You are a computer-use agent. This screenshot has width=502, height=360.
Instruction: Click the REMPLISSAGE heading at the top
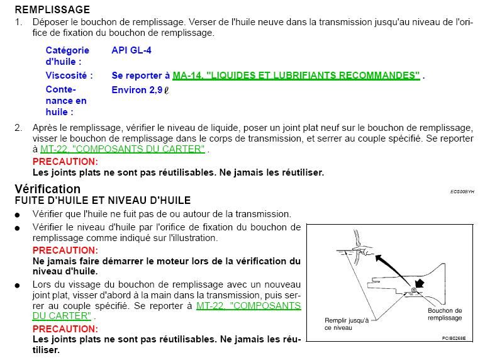coord(52,9)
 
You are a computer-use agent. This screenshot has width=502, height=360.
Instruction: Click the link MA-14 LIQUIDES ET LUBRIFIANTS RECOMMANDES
coord(296,76)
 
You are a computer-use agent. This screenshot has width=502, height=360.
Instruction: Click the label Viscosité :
coord(69,76)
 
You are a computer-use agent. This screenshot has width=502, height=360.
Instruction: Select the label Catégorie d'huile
coord(67,55)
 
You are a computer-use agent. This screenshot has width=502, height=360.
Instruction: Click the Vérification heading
coord(48,189)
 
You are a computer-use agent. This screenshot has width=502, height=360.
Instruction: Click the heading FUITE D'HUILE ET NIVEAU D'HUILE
coord(103,201)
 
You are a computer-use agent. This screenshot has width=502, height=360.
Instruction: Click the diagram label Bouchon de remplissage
coord(444,314)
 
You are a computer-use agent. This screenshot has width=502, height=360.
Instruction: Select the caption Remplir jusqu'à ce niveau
coord(347,323)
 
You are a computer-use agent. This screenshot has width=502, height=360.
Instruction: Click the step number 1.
coord(18,22)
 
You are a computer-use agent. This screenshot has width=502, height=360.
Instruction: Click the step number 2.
coord(18,128)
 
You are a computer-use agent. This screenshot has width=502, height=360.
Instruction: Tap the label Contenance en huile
coord(66,101)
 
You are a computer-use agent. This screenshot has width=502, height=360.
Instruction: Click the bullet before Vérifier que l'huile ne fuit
coord(20,215)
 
